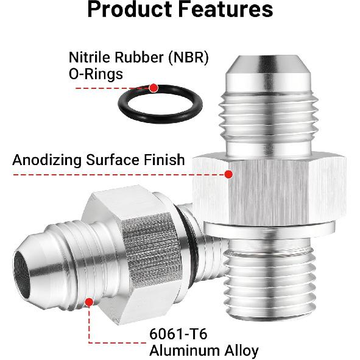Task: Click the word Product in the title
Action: (130, 10)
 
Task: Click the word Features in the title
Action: (225, 9)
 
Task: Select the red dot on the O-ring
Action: (154, 88)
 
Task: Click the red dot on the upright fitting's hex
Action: (228, 174)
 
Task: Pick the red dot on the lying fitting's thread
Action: (89, 302)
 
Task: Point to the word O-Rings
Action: (96, 74)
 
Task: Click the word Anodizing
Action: (47, 160)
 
